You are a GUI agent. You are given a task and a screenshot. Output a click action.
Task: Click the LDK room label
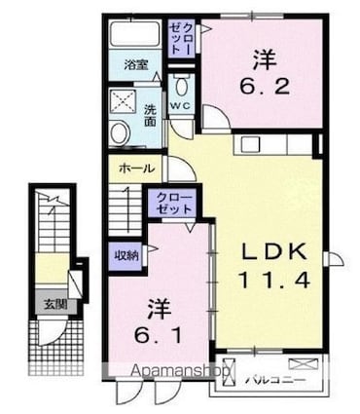click(275, 252)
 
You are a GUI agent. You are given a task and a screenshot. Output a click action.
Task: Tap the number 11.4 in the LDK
click(275, 282)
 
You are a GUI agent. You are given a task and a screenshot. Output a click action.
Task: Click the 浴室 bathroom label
click(136, 64)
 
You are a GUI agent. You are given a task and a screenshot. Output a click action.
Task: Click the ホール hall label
click(136, 169)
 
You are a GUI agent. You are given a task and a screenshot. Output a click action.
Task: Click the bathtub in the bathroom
click(134, 35)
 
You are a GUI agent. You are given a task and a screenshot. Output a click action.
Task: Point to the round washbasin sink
click(119, 133)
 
